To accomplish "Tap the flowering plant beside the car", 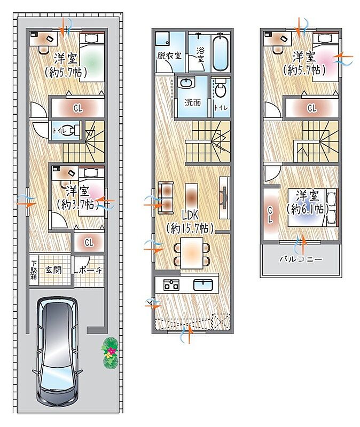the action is coord(109,353).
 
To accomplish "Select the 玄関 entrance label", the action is coord(53,270).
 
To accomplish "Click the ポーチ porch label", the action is coord(90,271).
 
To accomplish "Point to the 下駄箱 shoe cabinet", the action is coord(34,270).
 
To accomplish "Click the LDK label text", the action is coord(190,216).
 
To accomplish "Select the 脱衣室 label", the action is coord(169,56).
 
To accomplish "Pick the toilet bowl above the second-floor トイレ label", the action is coord(220,88).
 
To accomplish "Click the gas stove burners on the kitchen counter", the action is coord(171,285).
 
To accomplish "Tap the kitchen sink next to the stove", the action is coord(203,285).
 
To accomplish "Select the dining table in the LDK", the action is coord(192,253).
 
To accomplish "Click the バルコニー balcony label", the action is coord(301,258).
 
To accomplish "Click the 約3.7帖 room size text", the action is coord(77,204).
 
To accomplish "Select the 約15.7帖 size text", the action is coord(190,228).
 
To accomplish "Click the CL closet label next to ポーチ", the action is coord(89,242).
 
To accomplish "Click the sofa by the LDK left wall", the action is coord(166,197).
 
